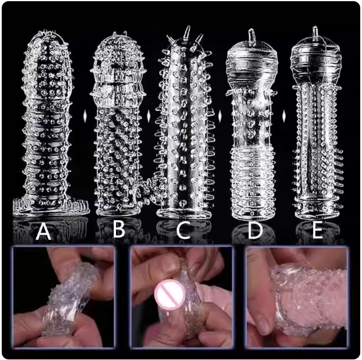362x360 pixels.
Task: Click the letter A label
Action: (x=43, y=232)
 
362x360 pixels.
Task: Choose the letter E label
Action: (x=317, y=230)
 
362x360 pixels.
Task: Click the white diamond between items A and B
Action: (x=85, y=115)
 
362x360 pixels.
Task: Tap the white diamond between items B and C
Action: (x=149, y=115)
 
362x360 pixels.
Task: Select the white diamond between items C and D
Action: (x=220, y=115)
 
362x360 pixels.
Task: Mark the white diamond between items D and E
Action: (x=284, y=115)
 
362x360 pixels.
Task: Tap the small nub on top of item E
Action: (x=315, y=32)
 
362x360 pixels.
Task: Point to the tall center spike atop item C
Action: (x=188, y=32)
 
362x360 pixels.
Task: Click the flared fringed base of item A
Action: (x=51, y=206)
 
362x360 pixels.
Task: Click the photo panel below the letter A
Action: (x=64, y=297)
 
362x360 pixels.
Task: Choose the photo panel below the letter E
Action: (x=297, y=297)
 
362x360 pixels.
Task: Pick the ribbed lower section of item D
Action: (x=253, y=182)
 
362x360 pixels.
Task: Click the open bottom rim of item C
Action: (x=184, y=213)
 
